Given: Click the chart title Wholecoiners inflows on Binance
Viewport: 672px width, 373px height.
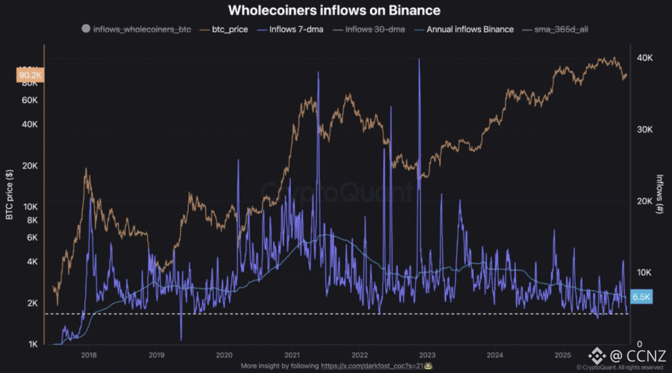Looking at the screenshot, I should pyautogui.click(x=333, y=10).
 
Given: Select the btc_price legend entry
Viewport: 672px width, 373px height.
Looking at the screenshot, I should pyautogui.click(x=228, y=29).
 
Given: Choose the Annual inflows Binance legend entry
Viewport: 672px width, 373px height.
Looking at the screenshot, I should pyautogui.click(x=470, y=29).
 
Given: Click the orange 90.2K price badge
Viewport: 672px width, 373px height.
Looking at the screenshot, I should pyautogui.click(x=30, y=75).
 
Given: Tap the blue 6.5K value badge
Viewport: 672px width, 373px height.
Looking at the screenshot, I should pyautogui.click(x=640, y=296).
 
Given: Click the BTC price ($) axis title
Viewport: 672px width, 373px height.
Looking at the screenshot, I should pyautogui.click(x=9, y=193).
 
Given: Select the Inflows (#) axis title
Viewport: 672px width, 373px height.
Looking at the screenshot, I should pyautogui.click(x=661, y=194).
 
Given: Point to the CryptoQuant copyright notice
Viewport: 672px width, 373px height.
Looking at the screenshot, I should pyautogui.click(x=622, y=368).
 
